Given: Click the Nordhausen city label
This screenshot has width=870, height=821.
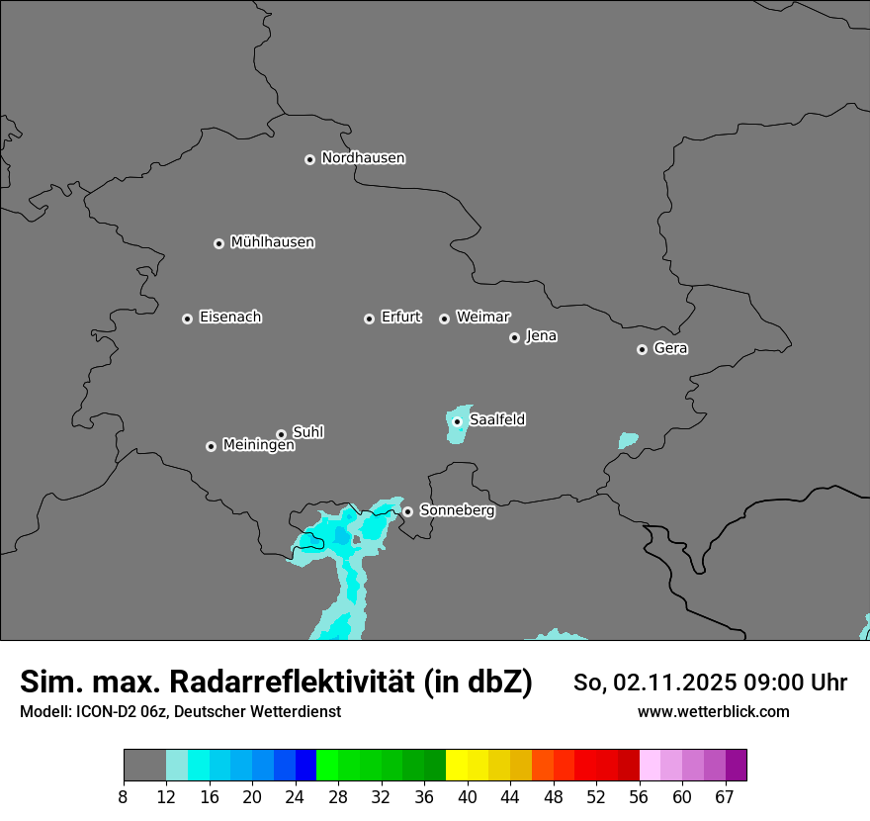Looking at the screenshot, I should pos(363,158).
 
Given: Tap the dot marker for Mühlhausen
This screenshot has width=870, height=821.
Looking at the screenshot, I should pos(219,243).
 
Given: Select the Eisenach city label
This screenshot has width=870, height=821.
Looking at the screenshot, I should pos(230,318).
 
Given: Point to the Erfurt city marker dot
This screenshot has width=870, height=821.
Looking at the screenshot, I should pos(370,319).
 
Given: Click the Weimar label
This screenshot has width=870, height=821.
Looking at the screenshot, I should pos(482,318).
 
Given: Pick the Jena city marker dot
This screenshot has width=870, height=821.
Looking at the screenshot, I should pos(514,337).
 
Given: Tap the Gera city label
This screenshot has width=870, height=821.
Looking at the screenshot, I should pos(670,348).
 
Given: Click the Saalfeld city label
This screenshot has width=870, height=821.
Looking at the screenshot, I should pos(497,420).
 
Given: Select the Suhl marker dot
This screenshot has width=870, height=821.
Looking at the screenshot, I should pos(282,434).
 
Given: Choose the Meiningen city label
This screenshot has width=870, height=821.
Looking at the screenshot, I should pos(258,446).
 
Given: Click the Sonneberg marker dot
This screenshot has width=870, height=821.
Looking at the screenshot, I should pos(407,511).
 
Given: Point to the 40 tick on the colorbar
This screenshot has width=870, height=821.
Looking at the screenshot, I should pos(468,797).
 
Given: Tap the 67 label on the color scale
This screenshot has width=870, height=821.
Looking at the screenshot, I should pos(725,797).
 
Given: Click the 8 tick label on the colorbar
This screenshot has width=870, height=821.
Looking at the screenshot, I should pos(124,797).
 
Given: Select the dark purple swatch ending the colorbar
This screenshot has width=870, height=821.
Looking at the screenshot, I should pos(737,766).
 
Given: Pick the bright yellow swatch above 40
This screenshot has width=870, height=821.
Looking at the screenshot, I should pos(457,766).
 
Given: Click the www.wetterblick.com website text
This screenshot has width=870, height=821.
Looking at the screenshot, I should pos(713,712).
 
